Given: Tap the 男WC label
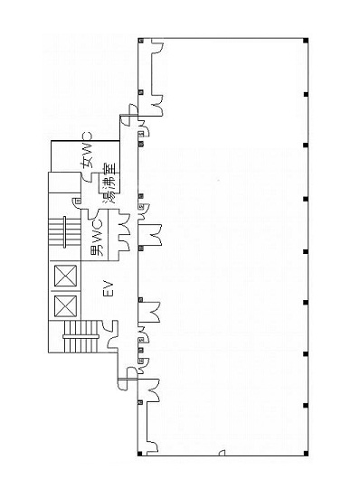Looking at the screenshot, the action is click(x=97, y=238).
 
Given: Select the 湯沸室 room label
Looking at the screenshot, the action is click(x=109, y=183).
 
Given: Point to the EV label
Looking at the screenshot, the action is click(x=109, y=288).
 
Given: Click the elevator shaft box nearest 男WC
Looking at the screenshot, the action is click(x=65, y=276).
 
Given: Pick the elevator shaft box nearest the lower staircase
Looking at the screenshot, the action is click(x=65, y=306).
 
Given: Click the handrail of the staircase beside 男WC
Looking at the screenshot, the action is click(x=64, y=232).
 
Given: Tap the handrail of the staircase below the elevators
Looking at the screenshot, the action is click(x=81, y=336).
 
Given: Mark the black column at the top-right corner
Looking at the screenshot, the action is click(x=306, y=41).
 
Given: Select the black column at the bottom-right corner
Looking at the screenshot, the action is click(x=306, y=453).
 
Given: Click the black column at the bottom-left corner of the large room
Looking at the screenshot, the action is click(x=140, y=454).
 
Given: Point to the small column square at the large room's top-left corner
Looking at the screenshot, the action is click(x=141, y=40).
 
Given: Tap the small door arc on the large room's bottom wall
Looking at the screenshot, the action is click(x=222, y=452).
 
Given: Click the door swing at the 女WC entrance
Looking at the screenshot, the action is click(x=87, y=177).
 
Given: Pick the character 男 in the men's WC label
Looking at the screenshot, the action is click(x=97, y=250).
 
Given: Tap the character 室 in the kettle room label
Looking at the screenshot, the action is click(x=109, y=169).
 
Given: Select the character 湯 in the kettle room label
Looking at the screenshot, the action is click(x=109, y=197).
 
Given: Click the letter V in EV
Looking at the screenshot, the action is click(x=109, y=285).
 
